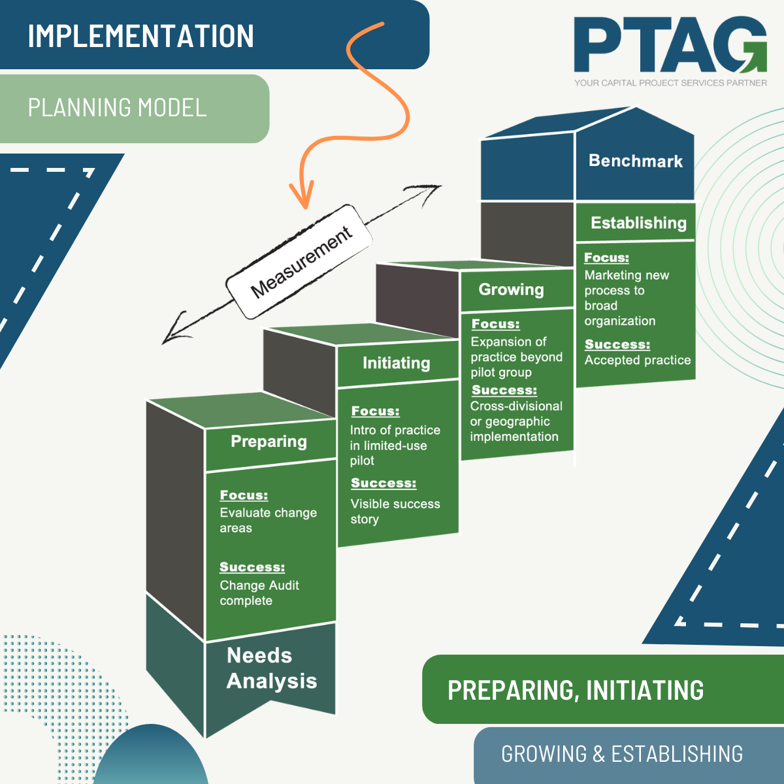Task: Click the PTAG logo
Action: coord(670,46)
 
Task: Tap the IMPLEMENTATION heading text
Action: coord(140,36)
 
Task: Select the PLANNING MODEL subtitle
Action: coord(117,108)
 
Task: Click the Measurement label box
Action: coord(300,261)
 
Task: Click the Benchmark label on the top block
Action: coord(635,161)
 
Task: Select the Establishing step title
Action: coord(638,223)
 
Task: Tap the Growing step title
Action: coord(511,289)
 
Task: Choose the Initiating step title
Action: coord(396,363)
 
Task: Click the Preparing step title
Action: coord(269,442)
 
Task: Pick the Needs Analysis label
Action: coord(271,668)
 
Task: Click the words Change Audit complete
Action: coord(259,593)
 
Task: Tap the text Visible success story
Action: coord(395,512)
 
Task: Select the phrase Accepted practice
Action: coord(637,360)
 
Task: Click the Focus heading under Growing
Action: coord(495,324)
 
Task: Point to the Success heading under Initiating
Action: coord(383,483)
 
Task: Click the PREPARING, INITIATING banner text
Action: coord(575,690)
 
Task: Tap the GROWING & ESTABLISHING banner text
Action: coord(621,754)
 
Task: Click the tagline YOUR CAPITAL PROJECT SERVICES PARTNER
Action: coord(670,83)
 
